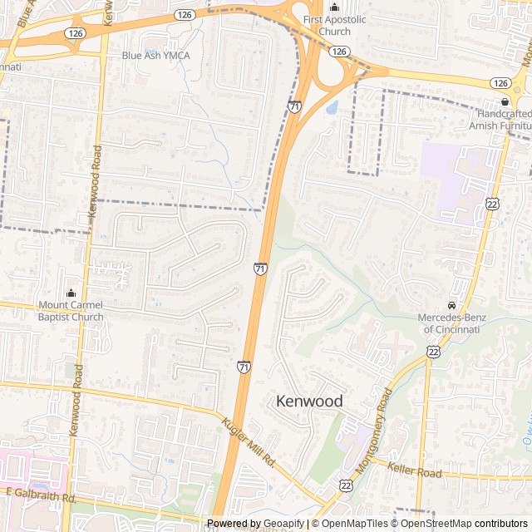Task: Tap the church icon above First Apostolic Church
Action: (x=335, y=8)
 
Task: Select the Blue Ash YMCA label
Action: (x=155, y=56)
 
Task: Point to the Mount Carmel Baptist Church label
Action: (x=71, y=311)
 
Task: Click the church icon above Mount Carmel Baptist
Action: (x=71, y=293)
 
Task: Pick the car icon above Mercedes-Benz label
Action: (x=452, y=306)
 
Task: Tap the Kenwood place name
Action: (x=308, y=401)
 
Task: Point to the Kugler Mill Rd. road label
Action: (x=248, y=440)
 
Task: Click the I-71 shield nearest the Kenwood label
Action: (x=244, y=367)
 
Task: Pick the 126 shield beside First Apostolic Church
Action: (x=338, y=52)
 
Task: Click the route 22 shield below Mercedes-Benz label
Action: (x=433, y=352)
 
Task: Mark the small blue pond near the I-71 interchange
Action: (x=332, y=107)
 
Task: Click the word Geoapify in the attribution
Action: (x=284, y=524)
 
